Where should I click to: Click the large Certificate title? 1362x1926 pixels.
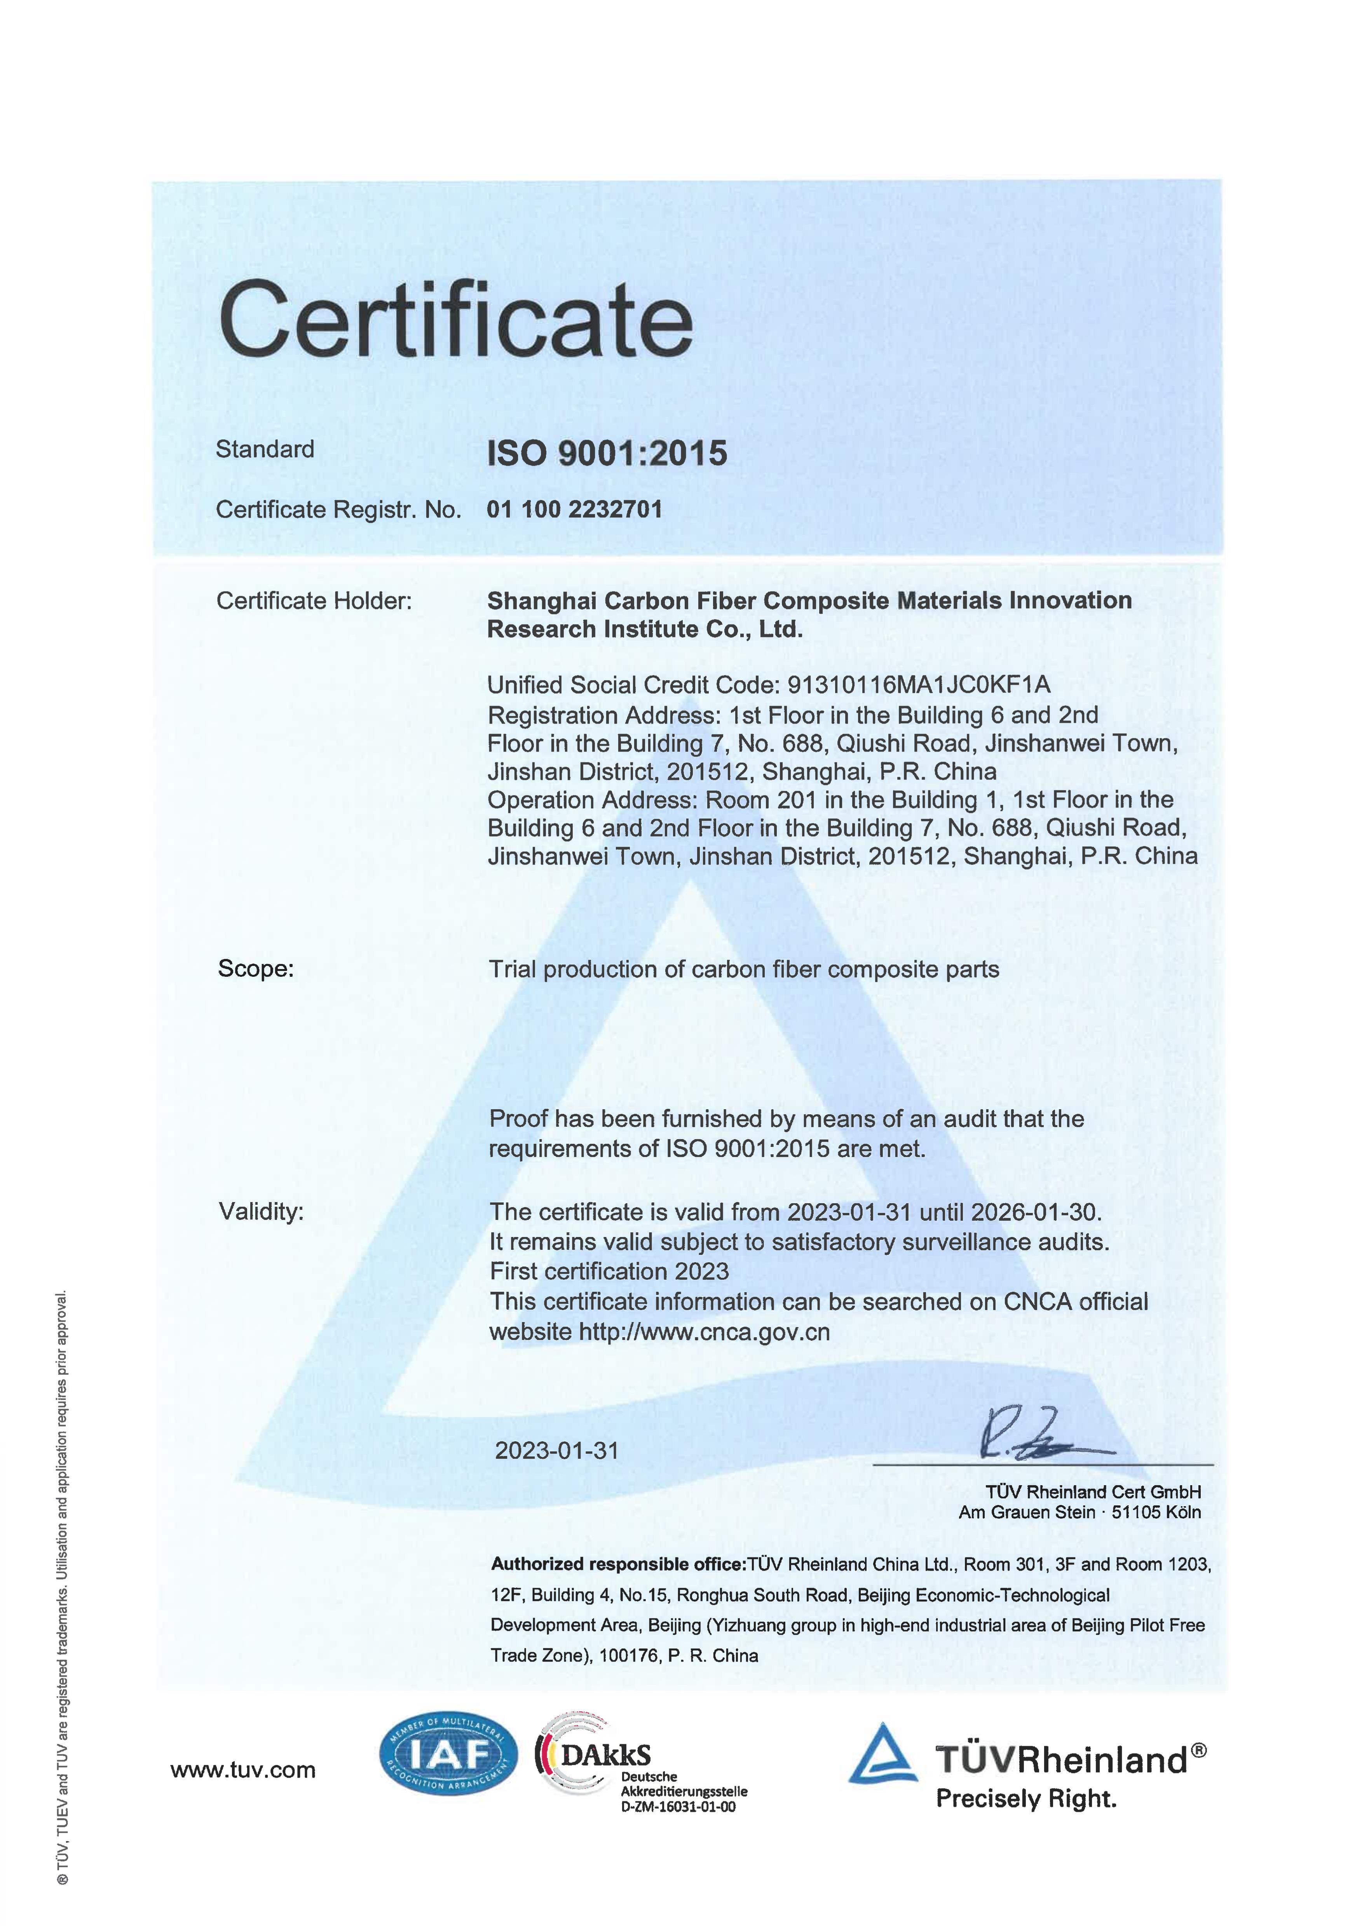click(456, 320)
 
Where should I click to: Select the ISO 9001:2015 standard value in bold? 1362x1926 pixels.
click(607, 454)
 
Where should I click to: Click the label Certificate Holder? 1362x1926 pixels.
click(314, 600)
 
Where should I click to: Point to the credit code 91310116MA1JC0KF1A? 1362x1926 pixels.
click(918, 685)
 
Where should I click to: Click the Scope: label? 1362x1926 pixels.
click(256, 969)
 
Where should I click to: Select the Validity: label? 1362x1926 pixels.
click(261, 1211)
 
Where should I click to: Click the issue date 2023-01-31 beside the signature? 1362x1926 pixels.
click(556, 1450)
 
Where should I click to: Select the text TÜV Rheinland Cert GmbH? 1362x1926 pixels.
click(1093, 1491)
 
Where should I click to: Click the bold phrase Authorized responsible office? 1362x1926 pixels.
click(619, 1564)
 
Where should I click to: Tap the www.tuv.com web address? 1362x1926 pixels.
click(242, 1770)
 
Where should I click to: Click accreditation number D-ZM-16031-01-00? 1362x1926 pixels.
click(678, 1807)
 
